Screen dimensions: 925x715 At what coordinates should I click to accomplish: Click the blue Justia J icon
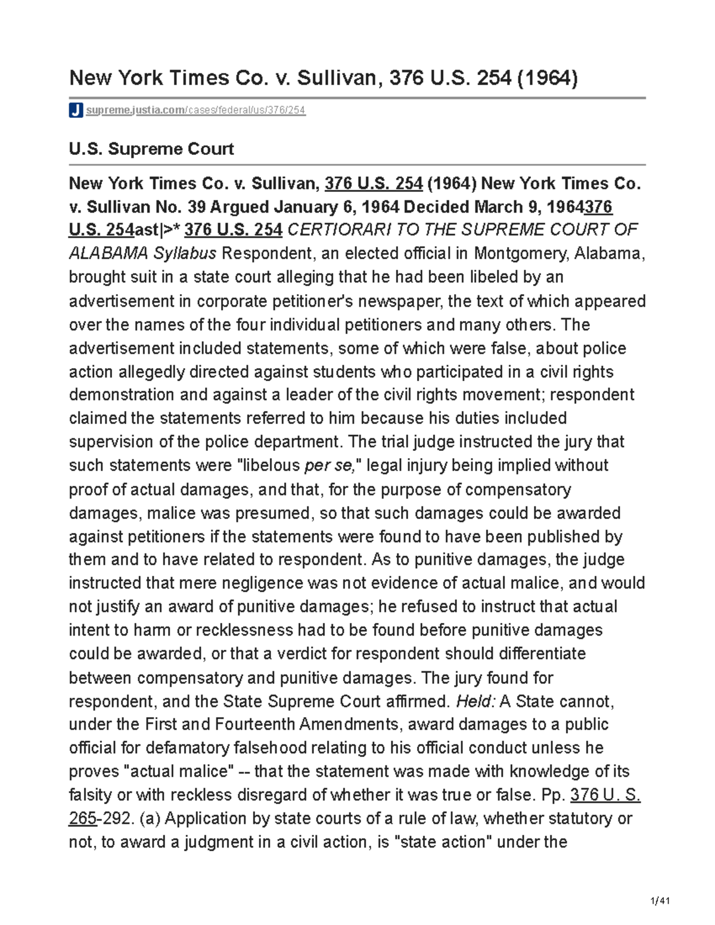(x=76, y=110)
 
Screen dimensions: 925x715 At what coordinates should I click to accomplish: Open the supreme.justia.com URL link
(x=195, y=110)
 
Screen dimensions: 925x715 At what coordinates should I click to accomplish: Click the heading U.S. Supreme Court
(x=151, y=149)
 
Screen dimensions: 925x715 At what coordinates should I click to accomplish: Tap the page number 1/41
(x=661, y=901)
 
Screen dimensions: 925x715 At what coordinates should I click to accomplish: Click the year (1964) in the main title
(x=547, y=78)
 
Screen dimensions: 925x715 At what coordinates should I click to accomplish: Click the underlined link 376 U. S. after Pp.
(x=605, y=795)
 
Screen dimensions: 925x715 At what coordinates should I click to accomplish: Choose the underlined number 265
(x=82, y=818)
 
